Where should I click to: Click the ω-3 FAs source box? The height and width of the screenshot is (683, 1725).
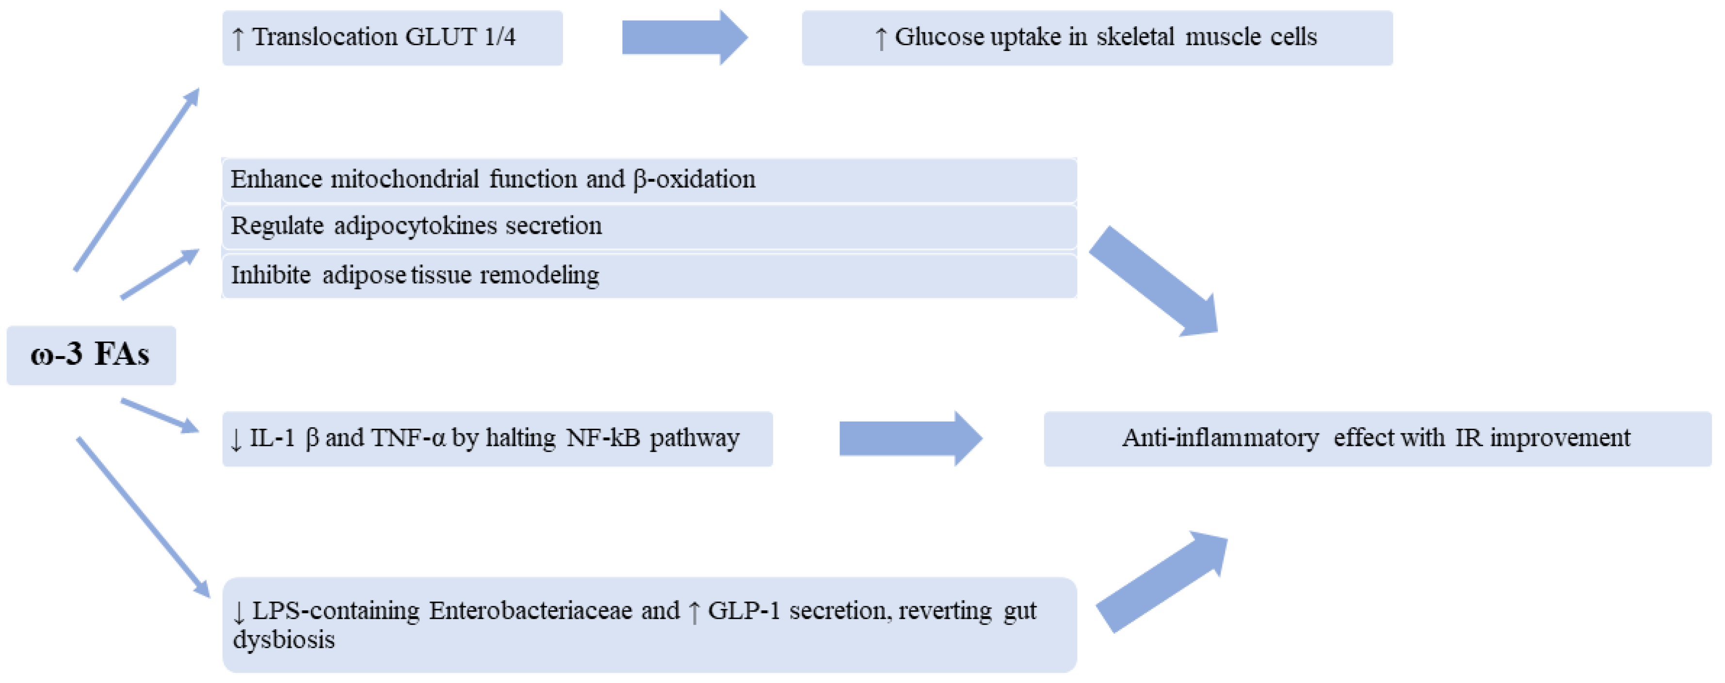(x=91, y=355)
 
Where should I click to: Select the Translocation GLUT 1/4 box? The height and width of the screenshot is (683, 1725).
(x=392, y=37)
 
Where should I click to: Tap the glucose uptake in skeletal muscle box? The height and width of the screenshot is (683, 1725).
(x=1097, y=37)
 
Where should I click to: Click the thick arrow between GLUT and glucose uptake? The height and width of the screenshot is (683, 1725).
(x=683, y=37)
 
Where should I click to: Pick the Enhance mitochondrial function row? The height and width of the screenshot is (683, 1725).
(x=648, y=179)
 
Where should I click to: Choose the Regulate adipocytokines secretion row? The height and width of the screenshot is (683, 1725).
(x=648, y=227)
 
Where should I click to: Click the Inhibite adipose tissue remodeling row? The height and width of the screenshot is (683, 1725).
(x=648, y=275)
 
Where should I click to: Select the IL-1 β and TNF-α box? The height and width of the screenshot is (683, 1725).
(x=497, y=439)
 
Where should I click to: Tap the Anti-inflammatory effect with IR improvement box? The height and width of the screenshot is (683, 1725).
(x=1377, y=439)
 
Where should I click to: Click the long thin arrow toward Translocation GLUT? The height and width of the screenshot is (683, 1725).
(x=137, y=179)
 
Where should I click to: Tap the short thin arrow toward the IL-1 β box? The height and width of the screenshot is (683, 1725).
(x=160, y=415)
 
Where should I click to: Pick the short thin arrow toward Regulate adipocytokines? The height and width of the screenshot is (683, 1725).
(x=160, y=275)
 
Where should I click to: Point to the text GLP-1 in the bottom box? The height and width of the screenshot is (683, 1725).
(x=743, y=611)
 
